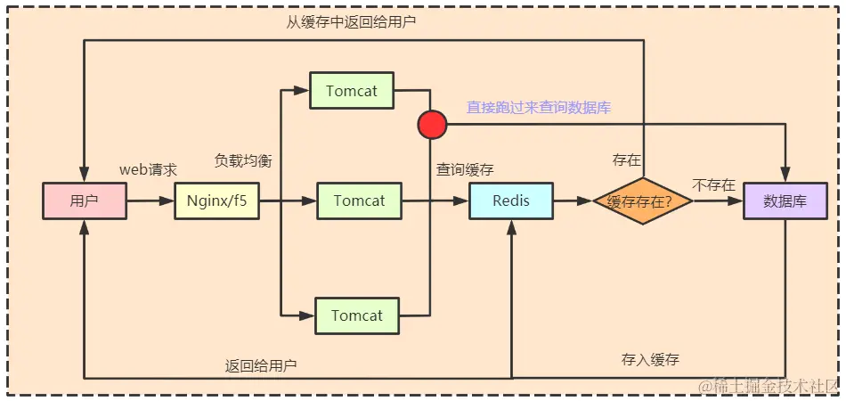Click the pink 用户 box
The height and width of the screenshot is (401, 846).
84,201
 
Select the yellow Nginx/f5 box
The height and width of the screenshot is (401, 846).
216,201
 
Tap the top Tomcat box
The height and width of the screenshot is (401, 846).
352,91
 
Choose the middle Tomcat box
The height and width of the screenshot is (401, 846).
359,201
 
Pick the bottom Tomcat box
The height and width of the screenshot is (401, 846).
357,316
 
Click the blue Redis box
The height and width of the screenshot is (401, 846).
511,201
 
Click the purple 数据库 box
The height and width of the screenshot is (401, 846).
785,201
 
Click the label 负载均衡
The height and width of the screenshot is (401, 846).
242,161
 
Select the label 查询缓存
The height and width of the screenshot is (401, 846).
465,168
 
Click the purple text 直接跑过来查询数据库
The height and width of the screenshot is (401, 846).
539,107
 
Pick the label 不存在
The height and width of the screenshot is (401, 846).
713,185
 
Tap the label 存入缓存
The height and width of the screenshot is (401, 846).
650,360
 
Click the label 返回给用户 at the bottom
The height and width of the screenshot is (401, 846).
260,365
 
